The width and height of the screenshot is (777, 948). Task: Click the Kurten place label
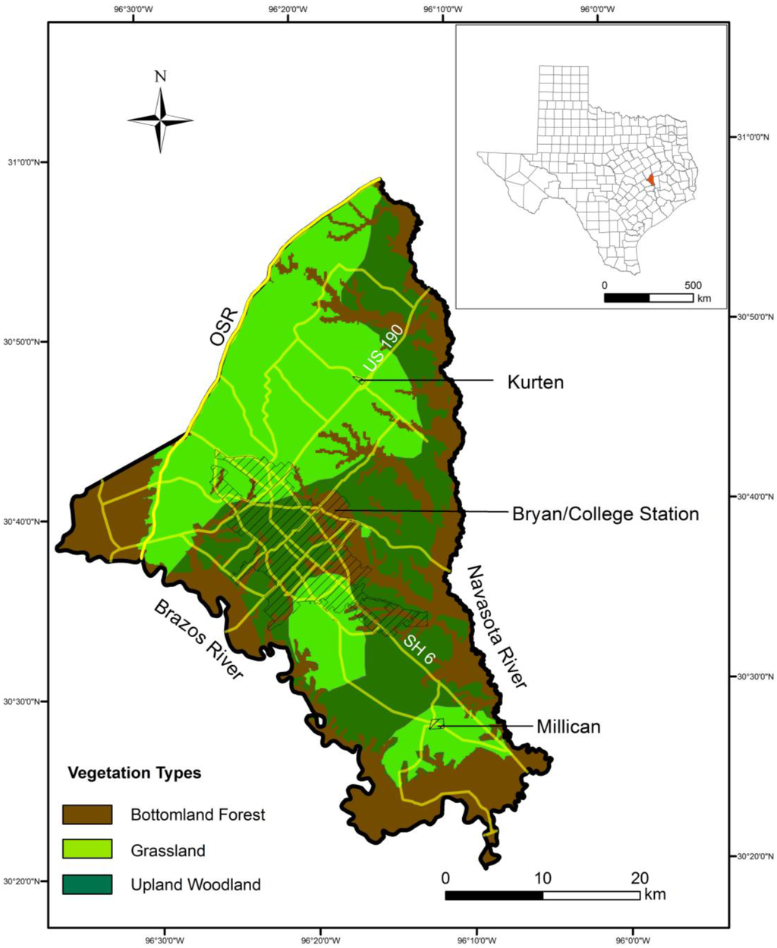535,382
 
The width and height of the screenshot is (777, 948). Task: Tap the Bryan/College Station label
605,514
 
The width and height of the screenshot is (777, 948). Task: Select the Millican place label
568,727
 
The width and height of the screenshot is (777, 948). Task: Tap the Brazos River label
199,639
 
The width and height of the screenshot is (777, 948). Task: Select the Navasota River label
496,626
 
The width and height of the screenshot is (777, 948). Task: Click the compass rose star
160,120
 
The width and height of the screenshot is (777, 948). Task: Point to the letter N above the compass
160,77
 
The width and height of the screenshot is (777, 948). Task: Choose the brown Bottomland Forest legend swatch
87,815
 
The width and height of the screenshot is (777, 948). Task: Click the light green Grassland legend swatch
87,849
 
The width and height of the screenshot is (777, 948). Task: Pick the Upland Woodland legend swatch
87,884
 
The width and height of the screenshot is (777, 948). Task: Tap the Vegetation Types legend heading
134,774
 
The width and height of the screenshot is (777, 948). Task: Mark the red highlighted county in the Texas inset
652,180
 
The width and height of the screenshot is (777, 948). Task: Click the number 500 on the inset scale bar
692,286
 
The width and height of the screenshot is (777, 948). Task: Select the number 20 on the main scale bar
639,878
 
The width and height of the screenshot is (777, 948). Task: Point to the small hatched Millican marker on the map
436,724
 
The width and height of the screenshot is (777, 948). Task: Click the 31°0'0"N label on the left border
27,162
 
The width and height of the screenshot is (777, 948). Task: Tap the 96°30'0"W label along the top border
133,10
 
